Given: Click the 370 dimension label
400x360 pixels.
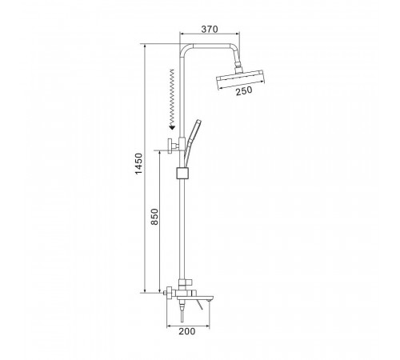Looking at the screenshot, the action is click(210, 29).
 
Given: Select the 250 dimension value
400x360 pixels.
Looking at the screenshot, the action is click(244, 90).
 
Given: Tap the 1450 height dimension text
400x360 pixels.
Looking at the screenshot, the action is click(138, 164).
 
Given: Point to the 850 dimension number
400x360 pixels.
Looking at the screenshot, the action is click(154, 217).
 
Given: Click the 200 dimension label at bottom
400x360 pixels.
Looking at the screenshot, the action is click(187, 331).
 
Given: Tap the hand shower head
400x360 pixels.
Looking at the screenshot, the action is click(196, 129).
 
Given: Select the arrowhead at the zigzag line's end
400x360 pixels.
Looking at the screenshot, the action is click(172, 127).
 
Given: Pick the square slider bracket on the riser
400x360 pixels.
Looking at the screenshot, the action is click(182, 173).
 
